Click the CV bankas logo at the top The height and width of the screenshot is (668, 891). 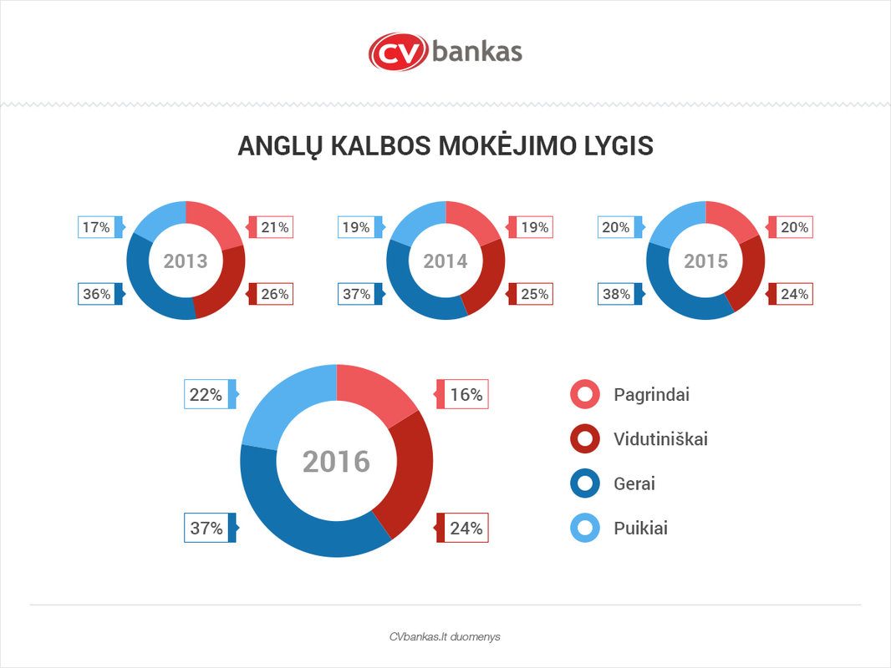click(445, 52)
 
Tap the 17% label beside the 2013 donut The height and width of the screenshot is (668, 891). click(96, 226)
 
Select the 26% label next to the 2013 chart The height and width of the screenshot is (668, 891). click(275, 294)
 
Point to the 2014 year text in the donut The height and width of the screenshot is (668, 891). click(445, 261)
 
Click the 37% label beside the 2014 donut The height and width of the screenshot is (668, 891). click(356, 294)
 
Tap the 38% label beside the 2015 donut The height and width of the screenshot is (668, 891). click(616, 294)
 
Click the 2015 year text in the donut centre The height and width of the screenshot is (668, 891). click(706, 261)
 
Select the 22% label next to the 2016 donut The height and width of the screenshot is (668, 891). click(206, 395)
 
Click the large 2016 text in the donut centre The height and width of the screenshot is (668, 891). click(336, 461)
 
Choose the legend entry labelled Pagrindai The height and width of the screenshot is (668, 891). click(651, 395)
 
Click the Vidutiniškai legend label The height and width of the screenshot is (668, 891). click(660, 439)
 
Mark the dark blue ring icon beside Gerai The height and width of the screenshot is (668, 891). click(585, 483)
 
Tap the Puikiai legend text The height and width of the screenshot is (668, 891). click(640, 528)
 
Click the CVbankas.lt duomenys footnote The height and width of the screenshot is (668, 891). click(445, 636)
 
